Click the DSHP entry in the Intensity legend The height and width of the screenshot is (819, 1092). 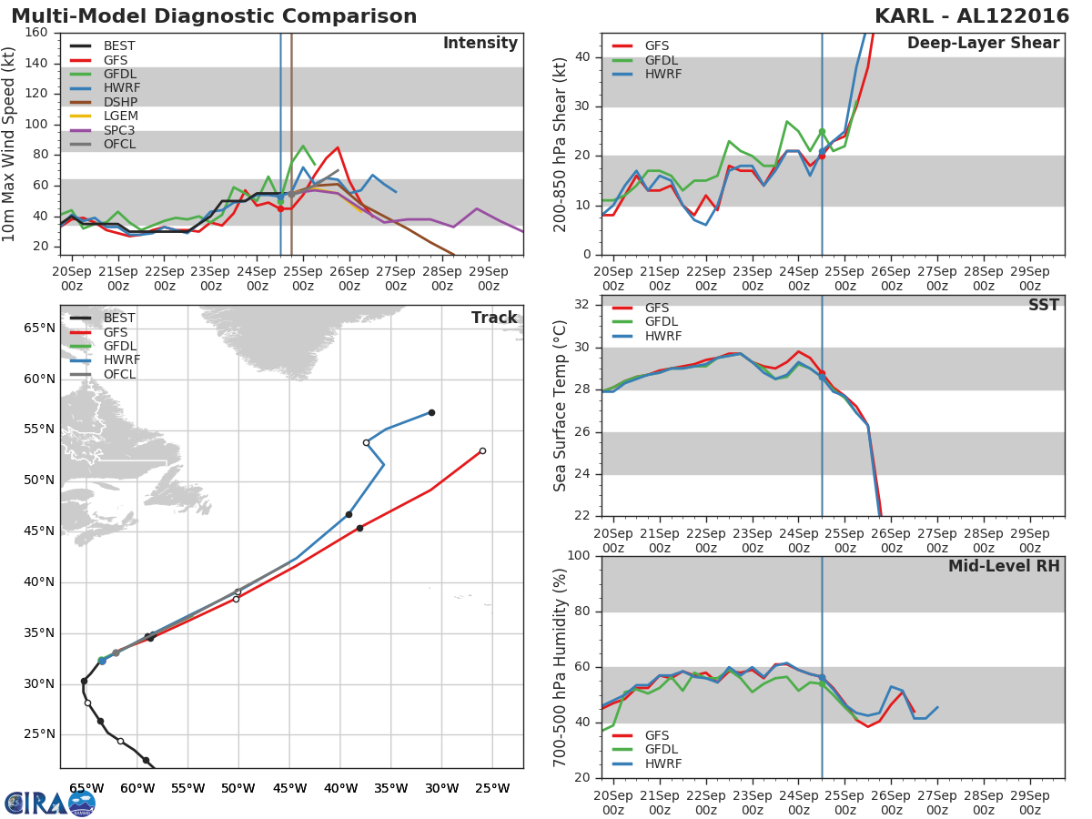pos(120,102)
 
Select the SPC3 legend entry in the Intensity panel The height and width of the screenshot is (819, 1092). pos(120,130)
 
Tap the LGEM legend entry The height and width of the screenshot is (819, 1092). pos(120,116)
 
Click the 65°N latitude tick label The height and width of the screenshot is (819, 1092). pos(39,329)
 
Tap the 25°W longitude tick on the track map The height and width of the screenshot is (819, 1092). pos(492,788)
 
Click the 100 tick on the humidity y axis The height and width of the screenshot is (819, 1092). pos(576,556)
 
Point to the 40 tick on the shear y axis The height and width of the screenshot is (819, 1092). pos(581,57)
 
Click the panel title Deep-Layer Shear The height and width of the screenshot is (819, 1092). pos(983,44)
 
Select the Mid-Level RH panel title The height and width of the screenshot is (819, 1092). pos(1004,566)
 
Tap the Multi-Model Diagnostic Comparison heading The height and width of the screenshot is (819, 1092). pos(214,16)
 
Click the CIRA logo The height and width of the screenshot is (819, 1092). pos(50,803)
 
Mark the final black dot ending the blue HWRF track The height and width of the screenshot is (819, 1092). pos(431,412)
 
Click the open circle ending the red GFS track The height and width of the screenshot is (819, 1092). pos(482,450)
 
